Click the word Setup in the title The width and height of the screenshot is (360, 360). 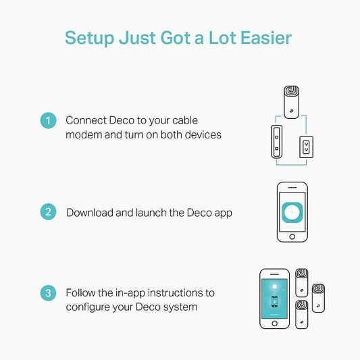tap(90, 38)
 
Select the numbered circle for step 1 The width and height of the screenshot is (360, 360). tap(48, 120)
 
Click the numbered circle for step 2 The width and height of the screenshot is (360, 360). tap(48, 211)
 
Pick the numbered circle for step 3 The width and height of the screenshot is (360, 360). tap(48, 292)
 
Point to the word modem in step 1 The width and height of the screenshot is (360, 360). tap(84, 135)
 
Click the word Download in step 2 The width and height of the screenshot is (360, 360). tap(90, 213)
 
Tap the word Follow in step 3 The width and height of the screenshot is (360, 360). tap(80, 292)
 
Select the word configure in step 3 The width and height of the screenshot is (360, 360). tap(88, 307)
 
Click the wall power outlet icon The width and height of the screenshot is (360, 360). tap(306, 147)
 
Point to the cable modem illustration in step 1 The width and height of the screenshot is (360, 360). tap(277, 142)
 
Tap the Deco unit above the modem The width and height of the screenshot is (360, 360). tap(291, 102)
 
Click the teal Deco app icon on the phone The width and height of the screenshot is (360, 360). tap(292, 212)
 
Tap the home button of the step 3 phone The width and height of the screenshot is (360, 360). tap(275, 324)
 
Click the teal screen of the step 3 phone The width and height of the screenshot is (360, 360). tap(275, 299)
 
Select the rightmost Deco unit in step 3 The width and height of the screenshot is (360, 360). tap(318, 299)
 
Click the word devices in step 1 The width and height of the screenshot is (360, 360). tap(203, 135)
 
